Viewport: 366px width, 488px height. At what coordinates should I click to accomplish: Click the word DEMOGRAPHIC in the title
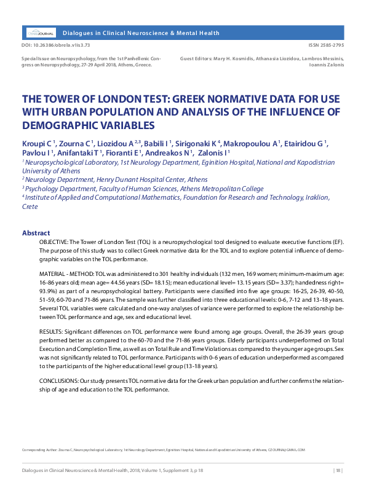tap(60, 125)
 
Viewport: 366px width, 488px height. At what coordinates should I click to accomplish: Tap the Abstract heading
tap(36, 234)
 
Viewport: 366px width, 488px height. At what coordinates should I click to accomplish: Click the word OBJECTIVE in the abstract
tap(56, 243)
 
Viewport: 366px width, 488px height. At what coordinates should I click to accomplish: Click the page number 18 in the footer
tap(337, 471)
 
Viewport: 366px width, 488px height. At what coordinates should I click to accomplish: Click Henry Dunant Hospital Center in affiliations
tap(140, 179)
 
